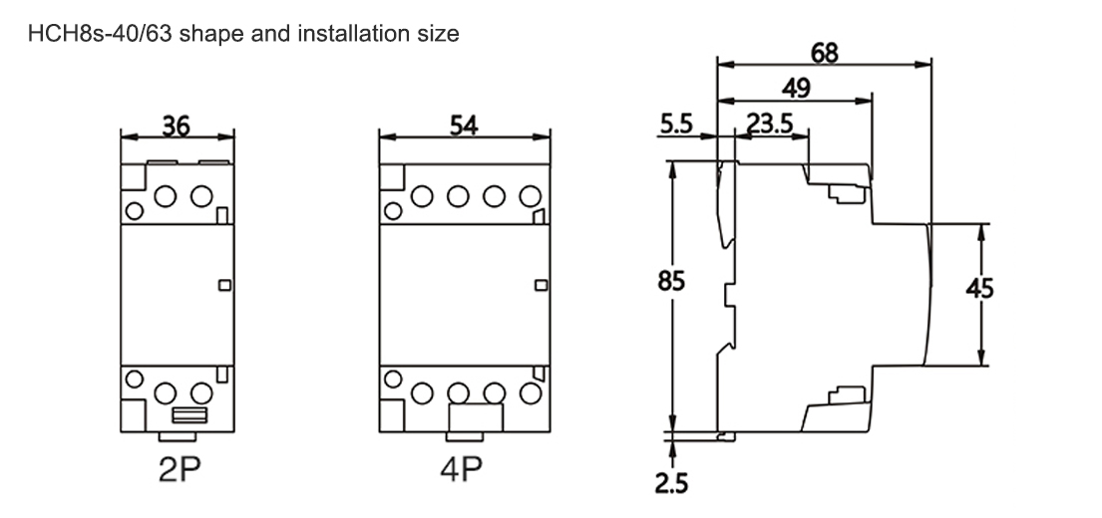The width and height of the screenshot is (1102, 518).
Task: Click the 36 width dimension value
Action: (176, 126)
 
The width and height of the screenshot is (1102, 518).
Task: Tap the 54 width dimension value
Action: (465, 126)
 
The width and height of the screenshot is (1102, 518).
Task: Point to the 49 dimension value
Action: (795, 89)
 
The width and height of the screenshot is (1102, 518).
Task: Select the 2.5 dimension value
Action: (672, 483)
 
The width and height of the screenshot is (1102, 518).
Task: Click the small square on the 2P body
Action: (223, 286)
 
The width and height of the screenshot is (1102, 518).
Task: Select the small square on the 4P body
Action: (542, 286)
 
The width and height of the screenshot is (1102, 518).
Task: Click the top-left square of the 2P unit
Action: (130, 176)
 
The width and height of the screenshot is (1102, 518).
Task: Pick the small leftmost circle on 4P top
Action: (393, 211)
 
